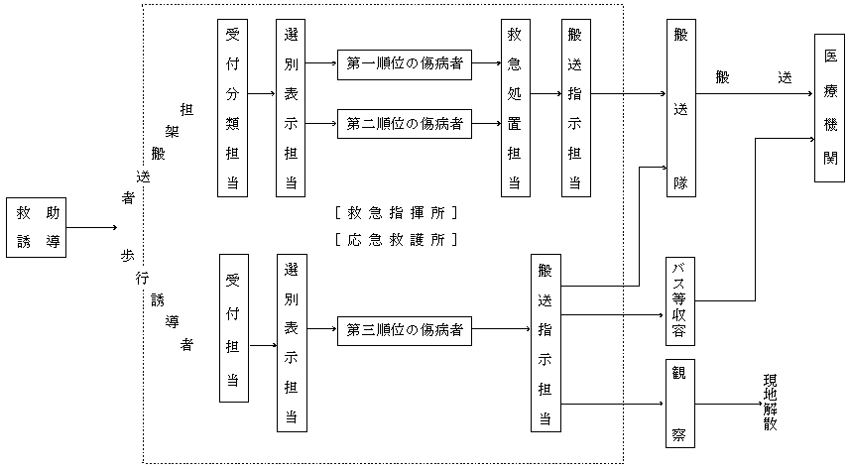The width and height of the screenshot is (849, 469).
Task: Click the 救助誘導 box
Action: coord(37,227)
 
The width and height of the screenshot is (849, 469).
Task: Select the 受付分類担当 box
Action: coord(232,107)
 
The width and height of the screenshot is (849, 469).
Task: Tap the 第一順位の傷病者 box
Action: coord(404,64)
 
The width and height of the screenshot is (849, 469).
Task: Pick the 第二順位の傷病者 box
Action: coord(404,125)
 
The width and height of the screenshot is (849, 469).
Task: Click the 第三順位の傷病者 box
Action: coord(404,330)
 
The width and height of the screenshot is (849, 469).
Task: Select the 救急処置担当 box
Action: coord(515,107)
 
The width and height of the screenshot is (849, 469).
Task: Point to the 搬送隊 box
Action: coord(680,107)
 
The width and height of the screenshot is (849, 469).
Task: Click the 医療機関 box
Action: coord(829,108)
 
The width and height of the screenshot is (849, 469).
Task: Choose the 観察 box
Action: coord(680,406)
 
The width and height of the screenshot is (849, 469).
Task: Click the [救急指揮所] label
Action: coord(397,212)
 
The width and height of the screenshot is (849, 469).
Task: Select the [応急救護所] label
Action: coord(397,239)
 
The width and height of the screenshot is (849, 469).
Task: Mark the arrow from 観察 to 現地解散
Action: coord(724,406)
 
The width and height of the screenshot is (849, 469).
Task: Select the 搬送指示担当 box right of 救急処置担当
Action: coord(574,107)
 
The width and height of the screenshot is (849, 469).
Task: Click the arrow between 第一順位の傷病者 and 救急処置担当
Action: coord(486,64)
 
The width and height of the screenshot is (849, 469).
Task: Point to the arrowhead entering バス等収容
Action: coord(661,315)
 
